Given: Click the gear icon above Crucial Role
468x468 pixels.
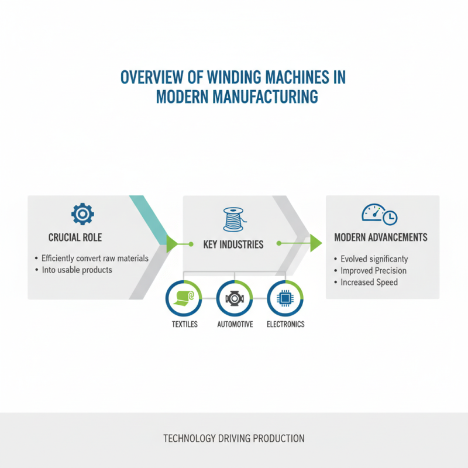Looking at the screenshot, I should tap(82, 214).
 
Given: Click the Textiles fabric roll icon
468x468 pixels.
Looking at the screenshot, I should tap(184, 298).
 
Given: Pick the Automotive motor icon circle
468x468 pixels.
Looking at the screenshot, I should tap(235, 298).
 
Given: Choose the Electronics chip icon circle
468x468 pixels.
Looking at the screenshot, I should tap(285, 298).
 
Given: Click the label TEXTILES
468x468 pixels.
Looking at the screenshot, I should tap(184, 324).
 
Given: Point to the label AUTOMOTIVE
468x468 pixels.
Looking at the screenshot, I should tap(235, 324).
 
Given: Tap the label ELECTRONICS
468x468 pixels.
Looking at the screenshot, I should tap(285, 324).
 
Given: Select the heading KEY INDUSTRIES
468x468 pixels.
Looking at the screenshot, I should tap(234, 244).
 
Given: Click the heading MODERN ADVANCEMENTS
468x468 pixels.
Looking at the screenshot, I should tap(380, 238).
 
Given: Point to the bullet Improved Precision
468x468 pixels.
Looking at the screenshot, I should tap(373, 270).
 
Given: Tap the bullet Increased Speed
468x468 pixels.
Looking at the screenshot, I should tap(369, 282).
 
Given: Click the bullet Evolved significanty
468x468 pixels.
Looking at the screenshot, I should tap(374, 259).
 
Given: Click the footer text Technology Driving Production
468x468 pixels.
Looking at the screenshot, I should tap(234, 438).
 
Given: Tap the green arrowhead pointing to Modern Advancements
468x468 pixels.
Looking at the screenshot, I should tap(316, 242).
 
